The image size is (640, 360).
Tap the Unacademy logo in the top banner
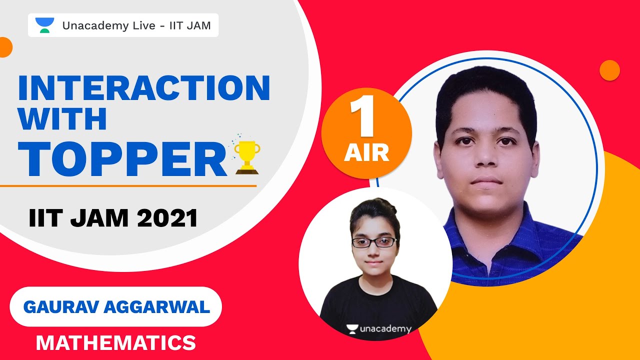[44, 25]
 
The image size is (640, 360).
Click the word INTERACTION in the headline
[144, 88]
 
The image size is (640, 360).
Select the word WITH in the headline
[62, 120]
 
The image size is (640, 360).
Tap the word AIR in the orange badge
[366, 152]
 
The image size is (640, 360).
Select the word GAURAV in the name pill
[61, 307]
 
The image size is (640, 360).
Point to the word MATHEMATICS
[115, 343]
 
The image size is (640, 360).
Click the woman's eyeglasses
[374, 242]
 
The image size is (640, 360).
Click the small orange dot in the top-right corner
[609, 70]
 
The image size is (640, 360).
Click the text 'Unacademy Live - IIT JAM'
[136, 25]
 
